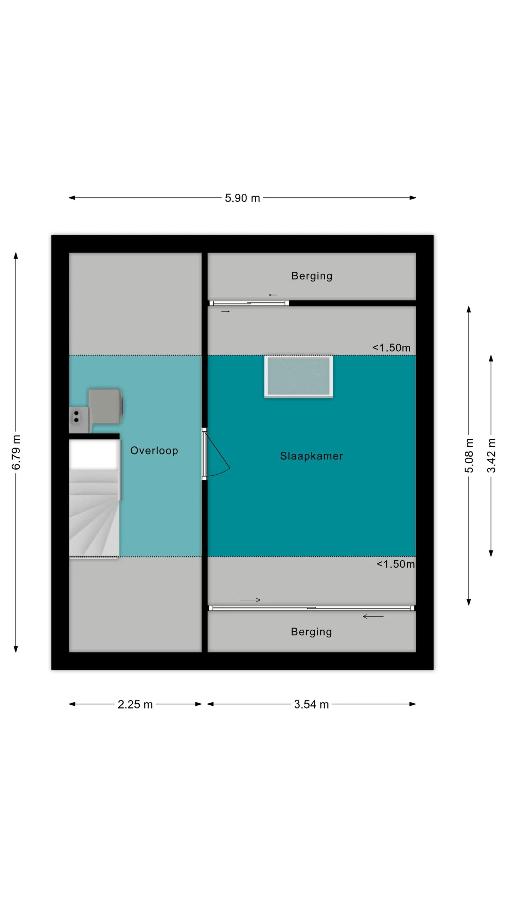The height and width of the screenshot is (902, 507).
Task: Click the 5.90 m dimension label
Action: click(x=242, y=198)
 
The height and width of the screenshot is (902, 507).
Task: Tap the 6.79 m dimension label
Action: click(x=16, y=452)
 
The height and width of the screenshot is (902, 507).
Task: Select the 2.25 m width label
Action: click(x=135, y=704)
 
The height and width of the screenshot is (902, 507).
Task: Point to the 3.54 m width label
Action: click(x=311, y=704)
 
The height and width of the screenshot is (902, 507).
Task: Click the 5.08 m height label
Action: click(x=469, y=456)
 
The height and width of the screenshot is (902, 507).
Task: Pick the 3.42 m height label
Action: click(x=491, y=456)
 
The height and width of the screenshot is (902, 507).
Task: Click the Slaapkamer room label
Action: click(x=311, y=456)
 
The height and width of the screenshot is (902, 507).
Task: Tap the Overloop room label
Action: click(x=154, y=450)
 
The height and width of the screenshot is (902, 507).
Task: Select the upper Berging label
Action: click(x=312, y=276)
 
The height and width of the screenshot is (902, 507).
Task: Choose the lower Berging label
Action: click(x=311, y=632)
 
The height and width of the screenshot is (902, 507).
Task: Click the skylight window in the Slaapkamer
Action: click(x=299, y=377)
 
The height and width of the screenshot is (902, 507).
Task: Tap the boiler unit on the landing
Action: click(x=105, y=406)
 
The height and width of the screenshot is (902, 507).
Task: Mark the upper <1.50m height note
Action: click(x=391, y=348)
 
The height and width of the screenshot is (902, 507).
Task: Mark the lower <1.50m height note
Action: click(x=396, y=564)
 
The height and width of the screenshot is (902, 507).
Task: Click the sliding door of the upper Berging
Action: click(x=249, y=303)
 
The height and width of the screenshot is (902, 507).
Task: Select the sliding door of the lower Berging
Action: click(x=312, y=608)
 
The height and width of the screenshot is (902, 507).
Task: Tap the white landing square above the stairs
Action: click(x=94, y=455)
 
